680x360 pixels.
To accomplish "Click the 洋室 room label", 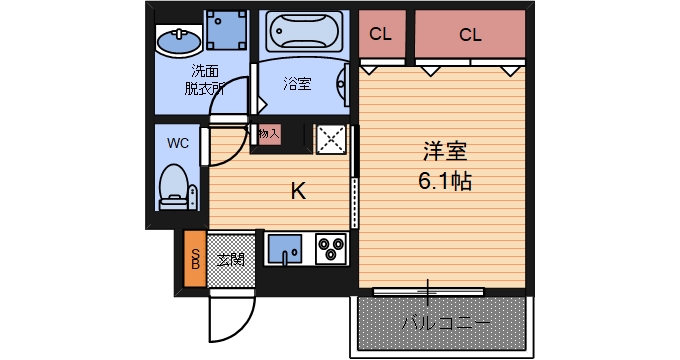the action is (x=445, y=153).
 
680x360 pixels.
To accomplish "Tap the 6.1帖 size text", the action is (x=445, y=182).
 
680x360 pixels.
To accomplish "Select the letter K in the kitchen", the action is (x=297, y=190).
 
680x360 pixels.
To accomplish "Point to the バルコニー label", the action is (x=445, y=323).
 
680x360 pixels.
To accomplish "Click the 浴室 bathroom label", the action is (x=296, y=84).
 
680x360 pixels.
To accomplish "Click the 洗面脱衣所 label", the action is (x=204, y=79).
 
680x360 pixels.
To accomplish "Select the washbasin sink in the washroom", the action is (x=178, y=42).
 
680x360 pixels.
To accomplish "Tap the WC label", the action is (x=177, y=142).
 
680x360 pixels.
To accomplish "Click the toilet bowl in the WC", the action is (x=176, y=186).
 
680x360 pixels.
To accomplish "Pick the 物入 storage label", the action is (x=268, y=132).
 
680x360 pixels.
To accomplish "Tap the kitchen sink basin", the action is (x=285, y=247).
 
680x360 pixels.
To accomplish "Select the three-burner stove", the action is (x=330, y=247).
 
